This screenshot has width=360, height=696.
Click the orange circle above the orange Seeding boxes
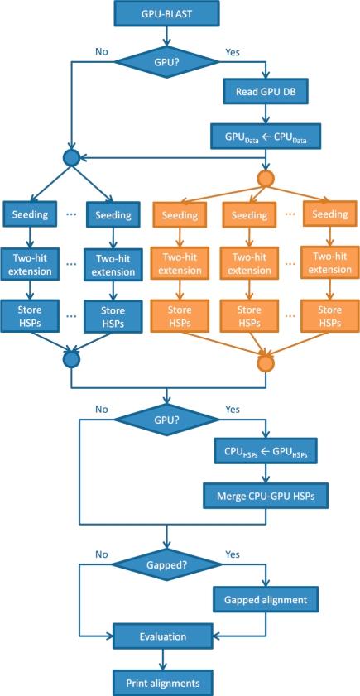click(x=266, y=178)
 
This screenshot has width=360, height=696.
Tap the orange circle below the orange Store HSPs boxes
click(x=266, y=362)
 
